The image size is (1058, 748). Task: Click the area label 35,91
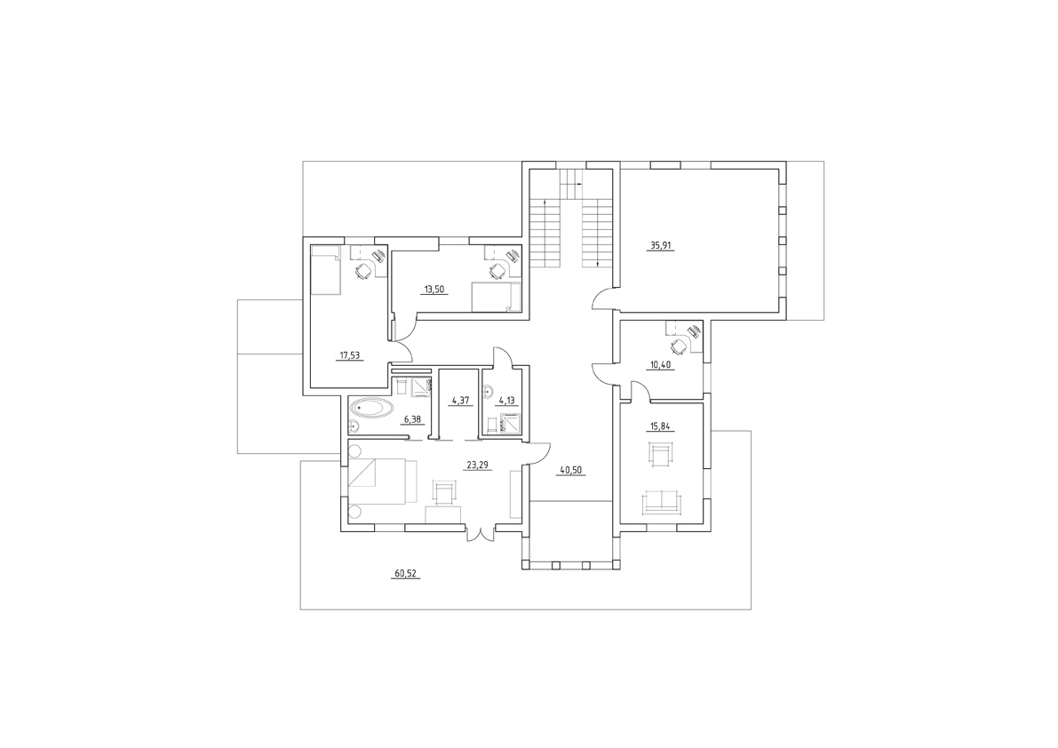click(x=661, y=246)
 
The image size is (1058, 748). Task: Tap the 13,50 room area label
click(x=434, y=290)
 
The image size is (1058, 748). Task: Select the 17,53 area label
click(x=349, y=354)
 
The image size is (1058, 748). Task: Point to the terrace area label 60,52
click(x=405, y=574)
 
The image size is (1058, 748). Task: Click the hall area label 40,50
click(x=572, y=470)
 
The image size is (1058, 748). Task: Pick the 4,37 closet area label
click(x=460, y=401)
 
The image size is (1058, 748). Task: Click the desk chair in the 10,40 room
click(x=678, y=346)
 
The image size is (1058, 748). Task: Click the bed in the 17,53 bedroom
click(x=326, y=270)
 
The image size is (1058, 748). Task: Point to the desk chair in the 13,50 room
click(x=497, y=270)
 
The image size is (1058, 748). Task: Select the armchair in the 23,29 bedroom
click(x=442, y=492)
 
